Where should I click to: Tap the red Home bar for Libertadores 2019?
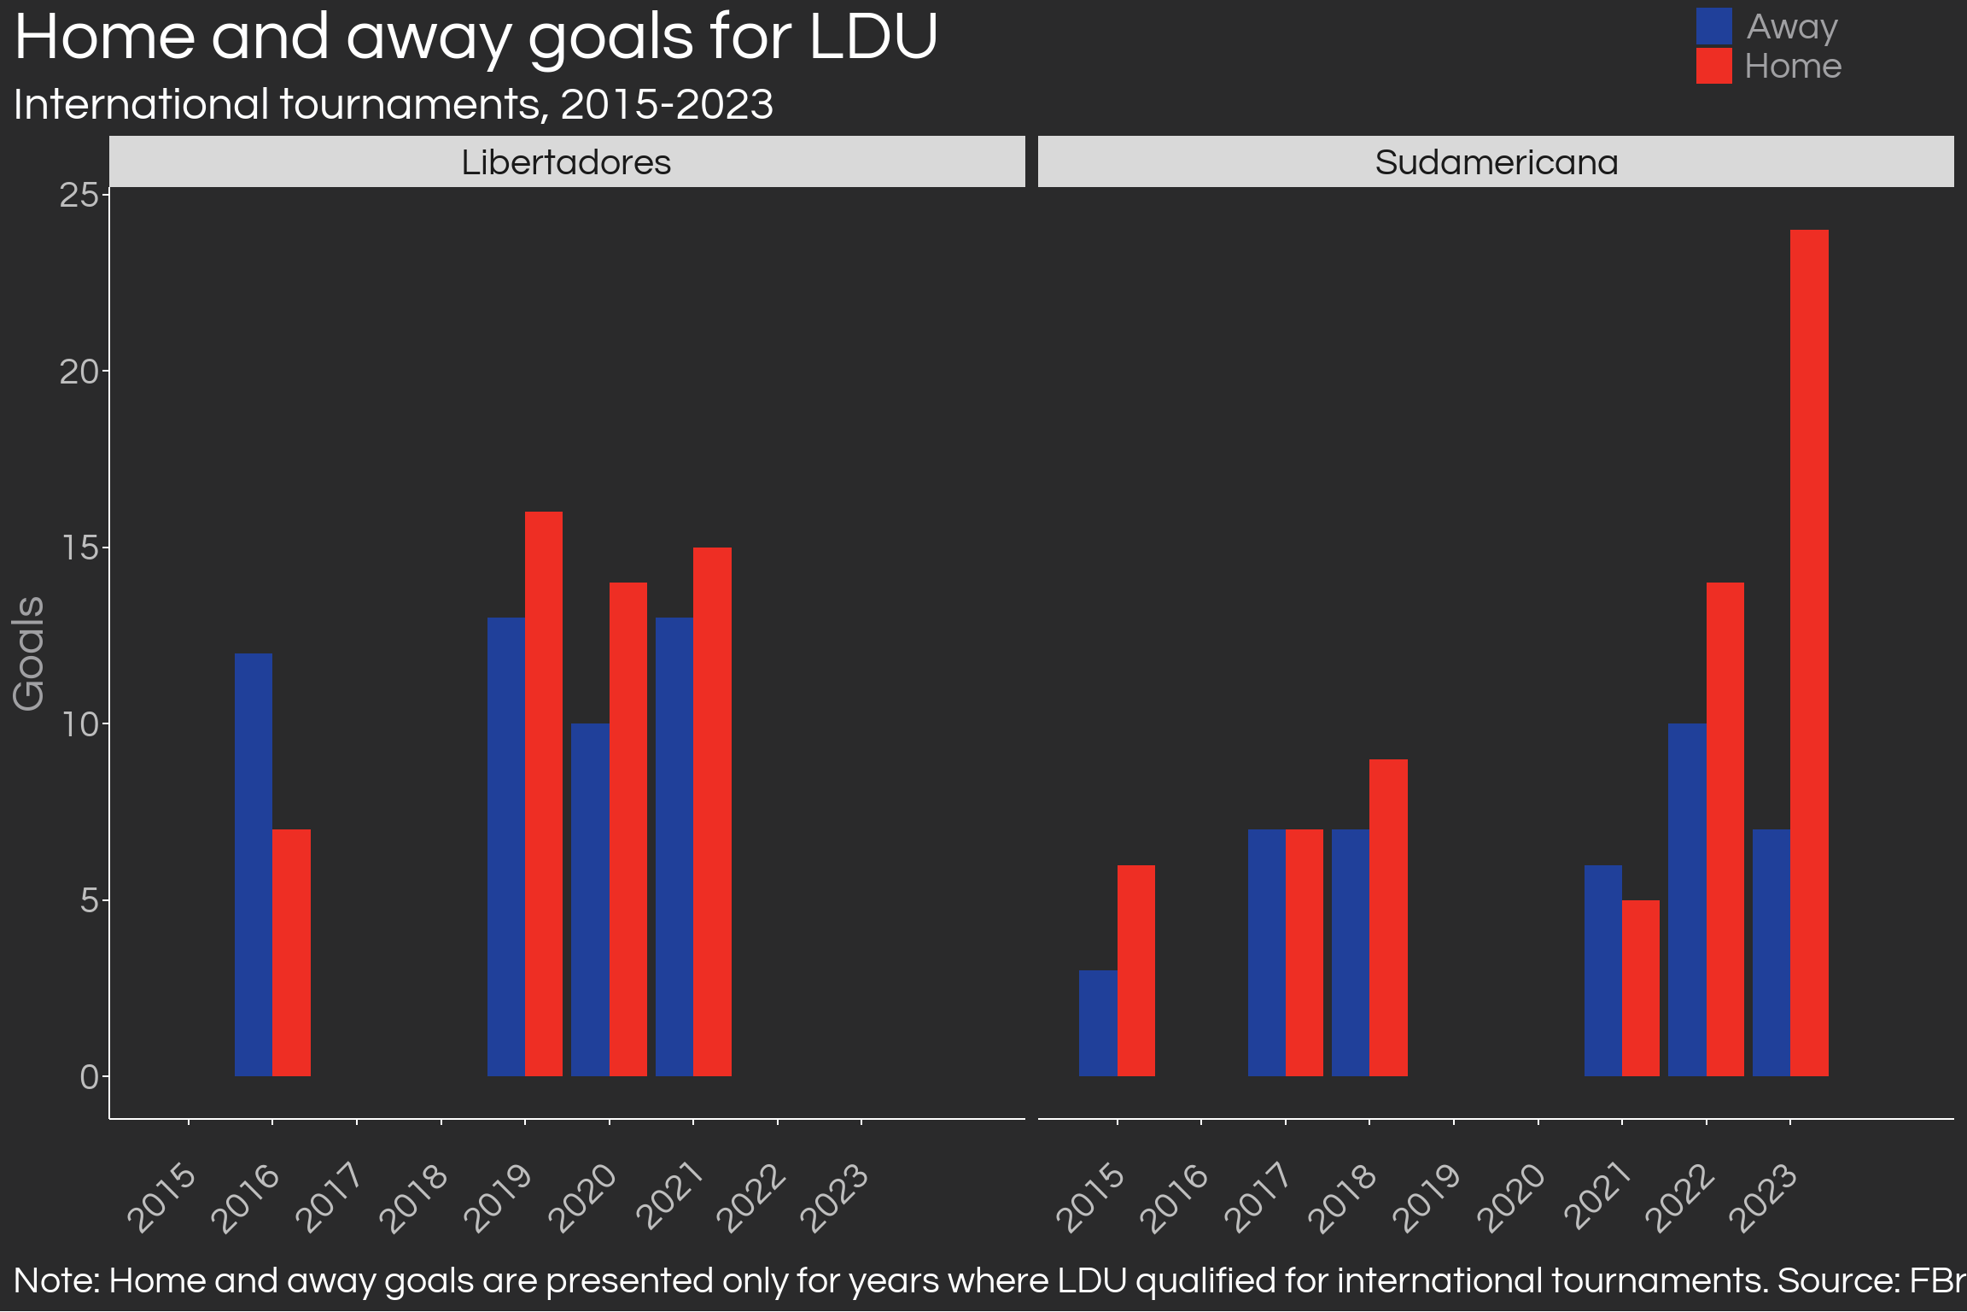pyautogui.click(x=544, y=794)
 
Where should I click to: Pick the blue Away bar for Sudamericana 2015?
pyautogui.click(x=1098, y=1023)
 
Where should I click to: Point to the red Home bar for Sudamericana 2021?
pyautogui.click(x=1641, y=988)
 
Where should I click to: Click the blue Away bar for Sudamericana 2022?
pyautogui.click(x=1687, y=899)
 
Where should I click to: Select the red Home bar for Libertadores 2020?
pyautogui.click(x=628, y=829)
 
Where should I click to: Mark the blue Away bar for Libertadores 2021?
pyautogui.click(x=674, y=846)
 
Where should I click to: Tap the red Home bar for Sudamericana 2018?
pyautogui.click(x=1388, y=917)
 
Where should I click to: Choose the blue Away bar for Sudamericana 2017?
pyautogui.click(x=1267, y=952)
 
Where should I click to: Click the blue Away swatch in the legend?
pyautogui.click(x=1713, y=26)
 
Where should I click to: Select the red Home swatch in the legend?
pyautogui.click(x=1713, y=66)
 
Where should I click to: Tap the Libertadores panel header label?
pyautogui.click(x=566, y=162)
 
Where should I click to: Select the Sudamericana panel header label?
pyautogui.click(x=1496, y=162)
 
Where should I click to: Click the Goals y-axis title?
pyautogui.click(x=28, y=653)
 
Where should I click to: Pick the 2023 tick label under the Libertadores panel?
pyautogui.click(x=836, y=1198)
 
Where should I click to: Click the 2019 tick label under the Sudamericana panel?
pyautogui.click(x=1427, y=1198)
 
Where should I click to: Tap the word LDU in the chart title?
pyautogui.click(x=873, y=38)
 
